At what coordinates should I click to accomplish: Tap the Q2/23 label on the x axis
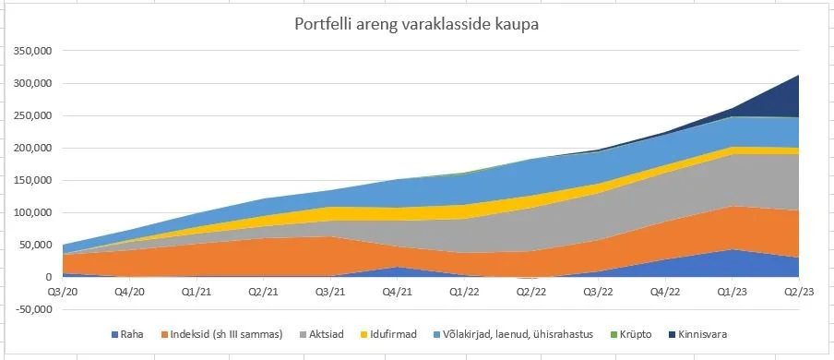tap(798, 292)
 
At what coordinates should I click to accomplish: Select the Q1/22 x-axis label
tap(464, 292)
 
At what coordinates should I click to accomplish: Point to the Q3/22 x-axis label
tap(599, 292)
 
